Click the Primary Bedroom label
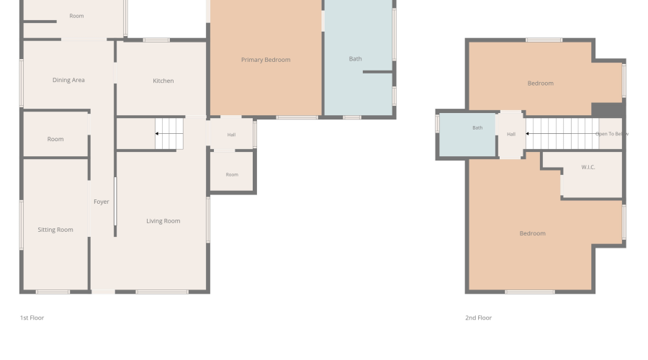[266, 60]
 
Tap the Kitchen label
[163, 81]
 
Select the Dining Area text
[68, 80]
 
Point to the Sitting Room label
[55, 230]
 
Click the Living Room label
[163, 221]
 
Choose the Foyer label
[102, 202]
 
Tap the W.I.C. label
[588, 167]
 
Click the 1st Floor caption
[32, 318]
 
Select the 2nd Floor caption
[479, 318]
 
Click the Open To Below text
[612, 134]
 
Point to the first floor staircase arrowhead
[157, 133]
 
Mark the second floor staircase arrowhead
[527, 133]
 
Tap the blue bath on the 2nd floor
[467, 135]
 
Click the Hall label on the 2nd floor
[511, 135]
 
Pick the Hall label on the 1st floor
[231, 135]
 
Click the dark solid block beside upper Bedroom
[607, 109]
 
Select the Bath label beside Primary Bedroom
[356, 59]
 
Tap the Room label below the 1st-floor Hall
[232, 174]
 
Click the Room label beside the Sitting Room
[55, 139]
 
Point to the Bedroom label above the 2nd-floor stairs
[541, 83]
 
